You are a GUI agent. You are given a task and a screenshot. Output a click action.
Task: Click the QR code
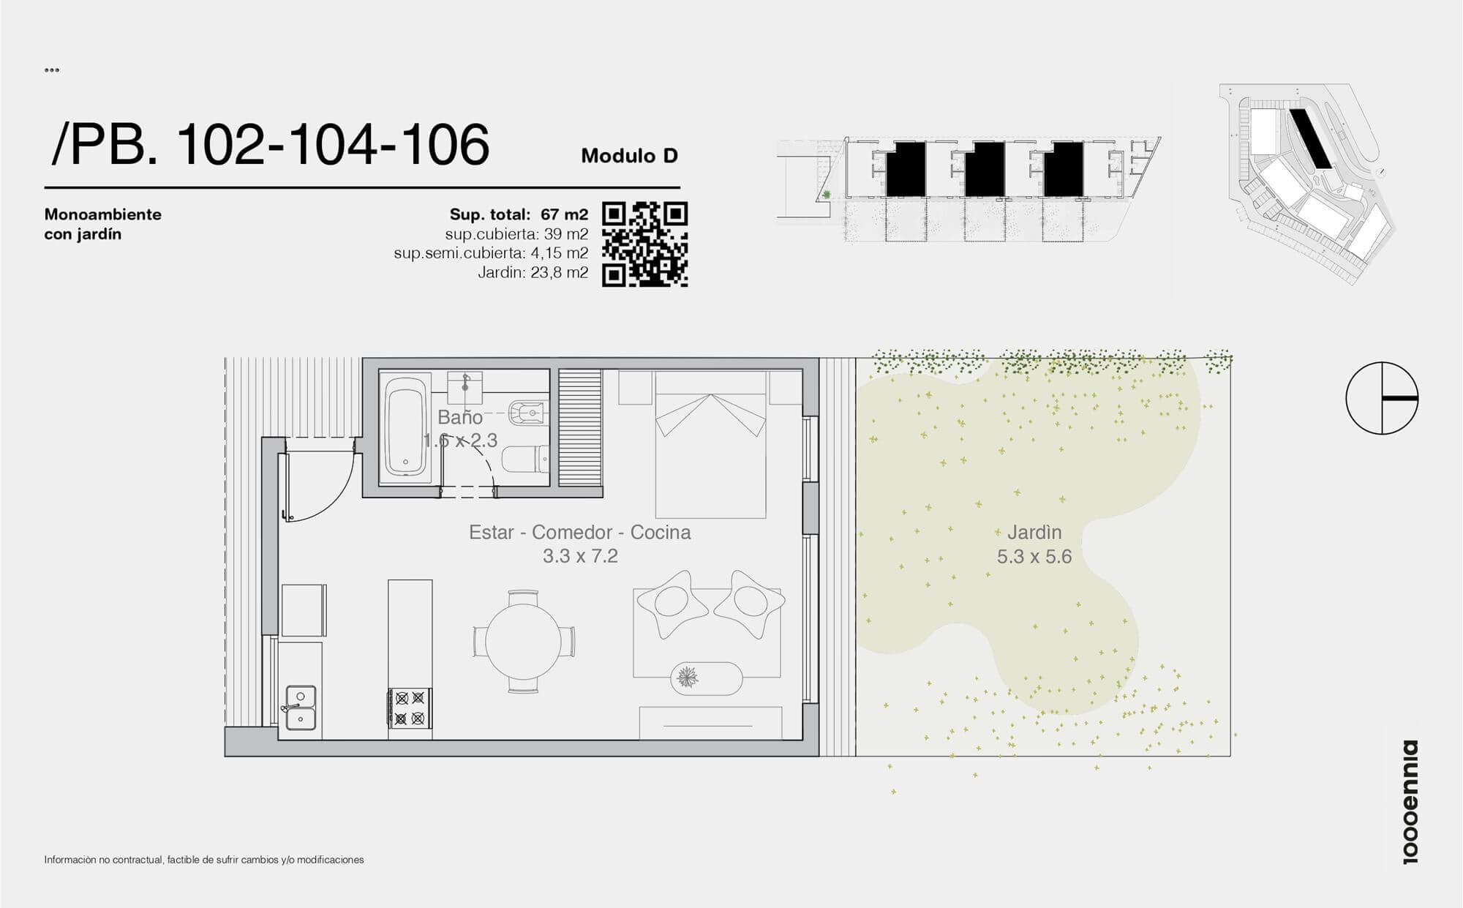(644, 244)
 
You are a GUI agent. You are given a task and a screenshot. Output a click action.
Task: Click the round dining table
(523, 642)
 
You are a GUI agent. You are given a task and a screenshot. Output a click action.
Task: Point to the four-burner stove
(410, 708)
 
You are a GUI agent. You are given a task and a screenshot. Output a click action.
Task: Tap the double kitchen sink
(300, 708)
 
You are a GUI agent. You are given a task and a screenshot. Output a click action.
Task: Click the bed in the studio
(710, 444)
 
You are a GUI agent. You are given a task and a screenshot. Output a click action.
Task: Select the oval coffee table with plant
(707, 678)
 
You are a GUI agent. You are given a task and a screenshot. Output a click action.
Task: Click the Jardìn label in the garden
(1034, 533)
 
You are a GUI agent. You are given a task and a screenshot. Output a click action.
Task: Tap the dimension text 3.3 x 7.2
(580, 557)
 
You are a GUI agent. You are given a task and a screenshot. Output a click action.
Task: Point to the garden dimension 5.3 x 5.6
(1034, 557)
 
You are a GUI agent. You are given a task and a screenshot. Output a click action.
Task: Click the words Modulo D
(629, 156)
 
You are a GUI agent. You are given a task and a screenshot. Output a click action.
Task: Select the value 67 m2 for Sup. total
(564, 214)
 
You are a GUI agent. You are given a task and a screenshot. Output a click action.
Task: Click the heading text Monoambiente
(103, 214)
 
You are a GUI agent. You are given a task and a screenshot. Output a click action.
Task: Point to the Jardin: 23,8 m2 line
(533, 273)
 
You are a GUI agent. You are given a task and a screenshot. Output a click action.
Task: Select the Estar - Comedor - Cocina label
(579, 532)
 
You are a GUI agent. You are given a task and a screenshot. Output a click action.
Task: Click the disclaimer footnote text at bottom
(204, 860)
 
